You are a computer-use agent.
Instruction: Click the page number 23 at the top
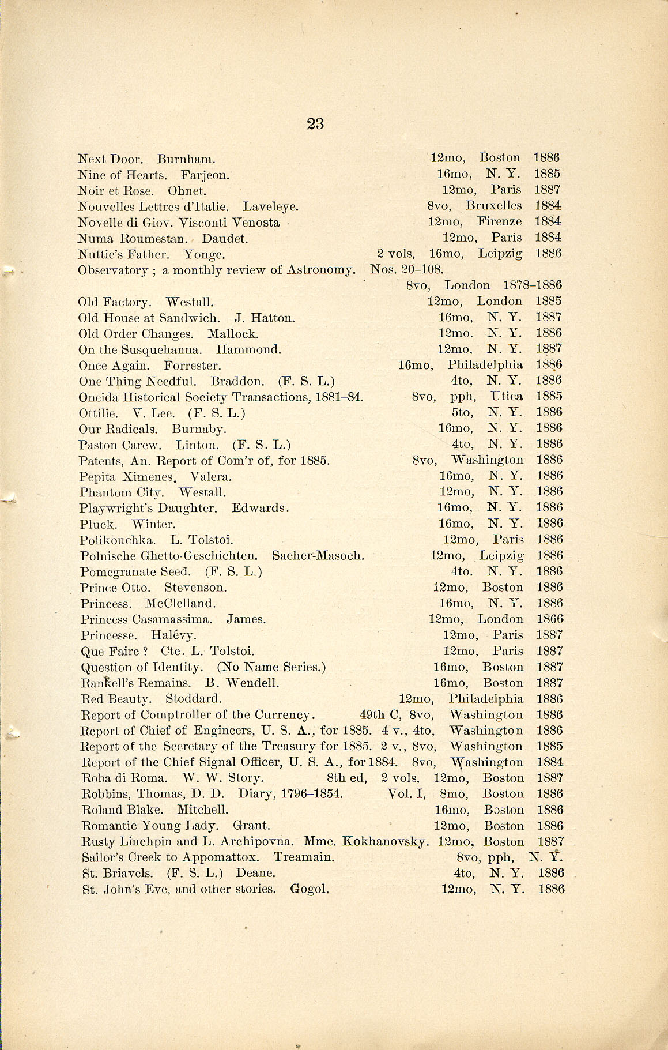coord(315,124)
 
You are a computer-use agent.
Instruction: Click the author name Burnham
coord(186,159)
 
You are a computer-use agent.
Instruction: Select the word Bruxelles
coord(493,206)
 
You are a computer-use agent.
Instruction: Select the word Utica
coord(506,396)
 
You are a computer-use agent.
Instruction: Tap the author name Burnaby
coord(199,429)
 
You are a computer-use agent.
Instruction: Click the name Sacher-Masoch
coord(318,556)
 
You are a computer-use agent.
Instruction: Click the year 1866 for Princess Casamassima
coord(549,619)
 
